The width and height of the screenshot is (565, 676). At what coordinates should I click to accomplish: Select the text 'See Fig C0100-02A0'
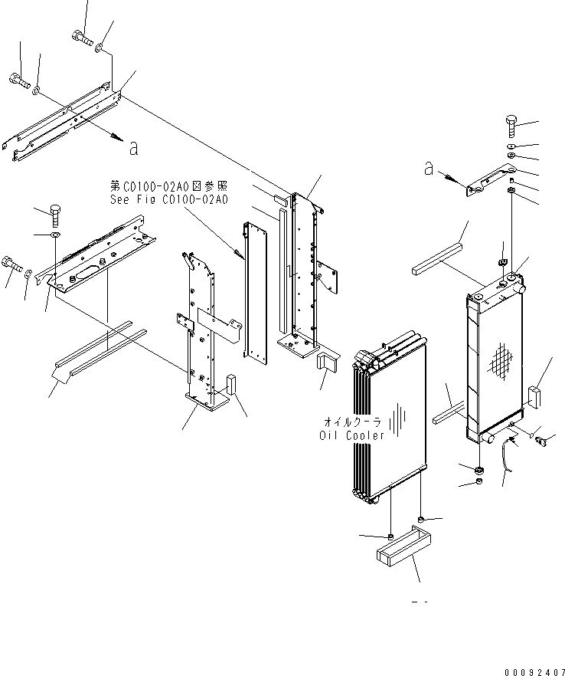[168, 200]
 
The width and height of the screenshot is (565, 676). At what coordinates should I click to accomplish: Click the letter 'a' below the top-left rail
[134, 149]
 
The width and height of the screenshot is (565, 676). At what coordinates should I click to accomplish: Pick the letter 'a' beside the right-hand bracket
[429, 168]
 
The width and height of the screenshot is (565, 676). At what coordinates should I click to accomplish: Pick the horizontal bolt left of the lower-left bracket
[12, 264]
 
